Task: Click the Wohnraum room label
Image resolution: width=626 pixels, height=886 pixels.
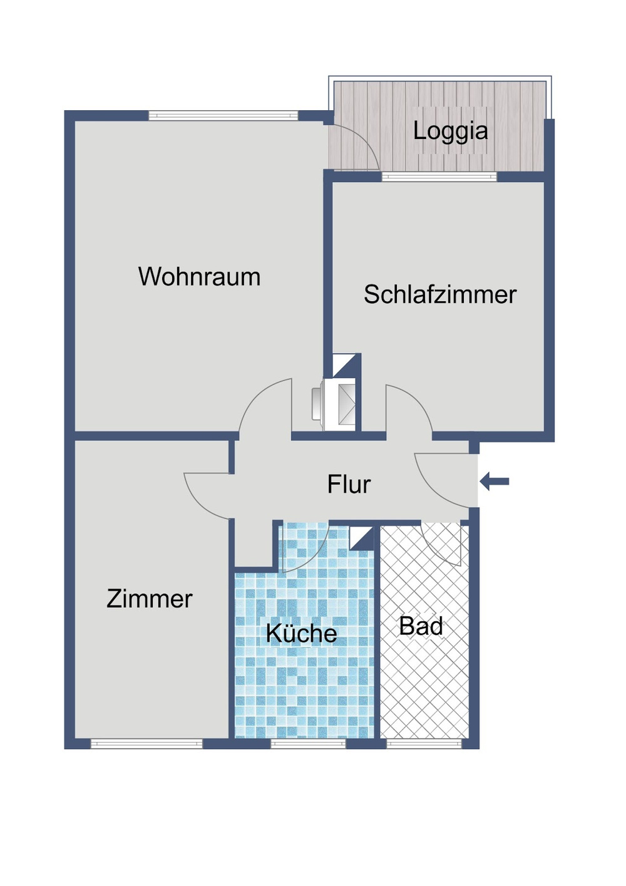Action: [x=199, y=277]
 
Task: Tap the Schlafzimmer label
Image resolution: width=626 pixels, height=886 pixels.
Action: [x=440, y=294]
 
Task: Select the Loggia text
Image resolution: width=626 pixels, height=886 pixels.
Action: [x=450, y=131]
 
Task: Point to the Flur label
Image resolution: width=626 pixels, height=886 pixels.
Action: [x=349, y=484]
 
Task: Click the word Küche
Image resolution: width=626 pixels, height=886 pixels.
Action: [x=301, y=633]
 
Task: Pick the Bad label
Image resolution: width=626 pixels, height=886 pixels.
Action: [x=421, y=626]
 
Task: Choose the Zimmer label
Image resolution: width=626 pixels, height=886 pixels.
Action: [x=150, y=599]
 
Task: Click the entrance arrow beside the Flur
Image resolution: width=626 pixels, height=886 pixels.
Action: [x=495, y=482]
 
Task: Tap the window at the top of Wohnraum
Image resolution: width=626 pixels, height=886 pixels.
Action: [x=223, y=115]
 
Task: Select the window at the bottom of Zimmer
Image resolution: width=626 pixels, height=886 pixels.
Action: [x=146, y=744]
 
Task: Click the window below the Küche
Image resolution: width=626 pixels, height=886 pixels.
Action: [x=308, y=744]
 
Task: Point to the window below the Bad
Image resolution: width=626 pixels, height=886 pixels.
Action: [x=424, y=744]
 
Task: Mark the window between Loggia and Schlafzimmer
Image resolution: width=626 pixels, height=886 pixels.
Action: [x=439, y=177]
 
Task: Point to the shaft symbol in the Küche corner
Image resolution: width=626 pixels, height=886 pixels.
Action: [x=361, y=537]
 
